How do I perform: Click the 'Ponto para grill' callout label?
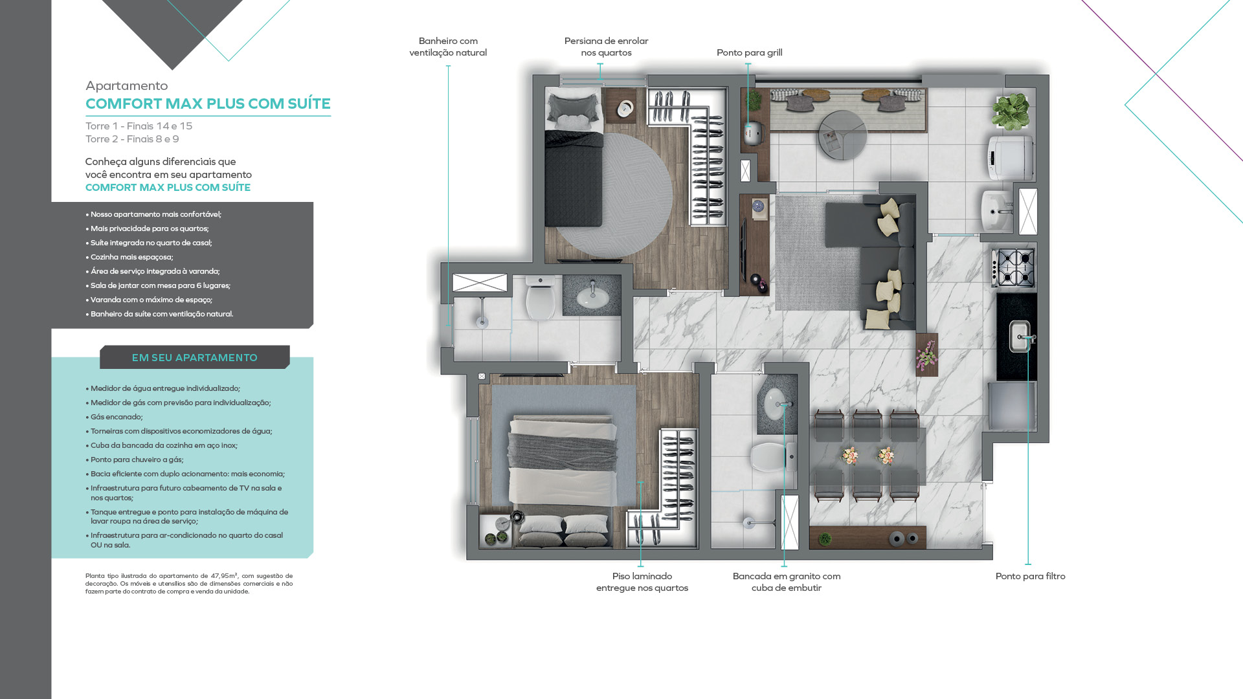[x=749, y=52]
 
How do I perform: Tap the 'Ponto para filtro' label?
[x=1030, y=576]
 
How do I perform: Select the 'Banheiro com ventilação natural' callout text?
[x=448, y=47]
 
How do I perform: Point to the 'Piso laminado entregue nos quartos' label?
[x=642, y=582]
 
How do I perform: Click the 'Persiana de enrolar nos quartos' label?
[x=606, y=47]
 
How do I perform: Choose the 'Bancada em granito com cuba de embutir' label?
[x=787, y=582]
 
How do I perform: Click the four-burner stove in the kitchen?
[x=1014, y=267]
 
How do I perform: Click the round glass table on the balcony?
[x=842, y=135]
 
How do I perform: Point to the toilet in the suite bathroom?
[x=539, y=298]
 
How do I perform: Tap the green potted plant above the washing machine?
[x=1011, y=111]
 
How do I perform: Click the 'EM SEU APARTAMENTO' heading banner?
[x=195, y=357]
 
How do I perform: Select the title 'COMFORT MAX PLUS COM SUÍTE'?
[x=208, y=104]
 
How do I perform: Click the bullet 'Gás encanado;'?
[x=117, y=417]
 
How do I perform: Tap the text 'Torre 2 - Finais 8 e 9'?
[x=132, y=139]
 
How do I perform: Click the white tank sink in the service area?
[x=997, y=210]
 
